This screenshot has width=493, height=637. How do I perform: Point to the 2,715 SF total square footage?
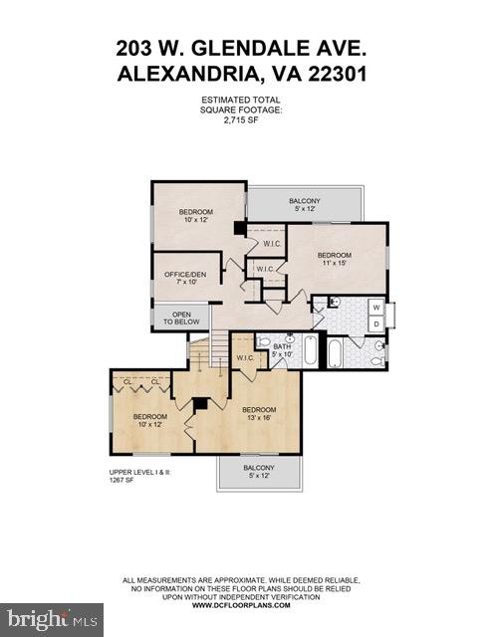point(241,120)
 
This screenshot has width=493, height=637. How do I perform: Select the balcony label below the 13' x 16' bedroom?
point(258,471)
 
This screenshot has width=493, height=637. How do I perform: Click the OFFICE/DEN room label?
point(181,277)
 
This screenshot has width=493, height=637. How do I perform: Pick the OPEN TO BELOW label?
point(181,318)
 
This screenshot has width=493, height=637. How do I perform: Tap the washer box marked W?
point(375,308)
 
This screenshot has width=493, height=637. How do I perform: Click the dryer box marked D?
point(375,323)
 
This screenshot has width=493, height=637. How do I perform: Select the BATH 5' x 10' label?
point(283,349)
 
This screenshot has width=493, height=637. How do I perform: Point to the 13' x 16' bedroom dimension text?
point(259,418)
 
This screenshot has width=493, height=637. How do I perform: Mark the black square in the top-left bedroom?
point(239,228)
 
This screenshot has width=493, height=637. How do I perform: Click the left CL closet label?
point(127,381)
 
